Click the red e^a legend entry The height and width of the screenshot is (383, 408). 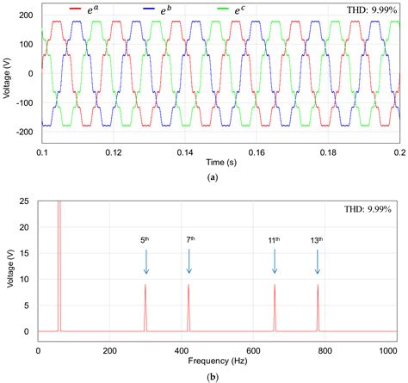point(77,9)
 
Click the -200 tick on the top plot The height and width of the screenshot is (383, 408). point(22,131)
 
